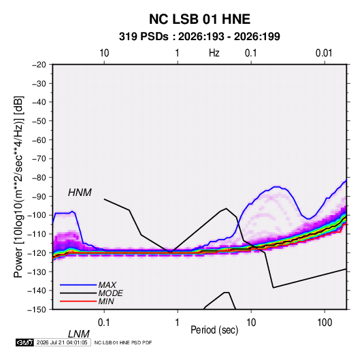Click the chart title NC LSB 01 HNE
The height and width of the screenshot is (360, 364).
[199, 19]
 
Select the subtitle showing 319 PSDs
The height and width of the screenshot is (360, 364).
[199, 37]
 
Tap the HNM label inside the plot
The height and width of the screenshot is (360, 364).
[80, 193]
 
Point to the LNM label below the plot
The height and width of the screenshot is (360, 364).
[79, 334]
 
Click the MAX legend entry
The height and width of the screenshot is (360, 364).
[107, 284]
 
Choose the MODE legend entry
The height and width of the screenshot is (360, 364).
[110, 293]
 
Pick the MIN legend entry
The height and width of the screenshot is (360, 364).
[106, 301]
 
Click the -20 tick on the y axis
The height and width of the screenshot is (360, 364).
[39, 65]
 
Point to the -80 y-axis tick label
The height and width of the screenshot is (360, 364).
[39, 178]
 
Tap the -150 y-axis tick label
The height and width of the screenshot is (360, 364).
[37, 310]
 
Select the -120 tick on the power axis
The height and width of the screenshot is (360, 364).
[37, 252]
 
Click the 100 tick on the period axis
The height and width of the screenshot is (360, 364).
[325, 322]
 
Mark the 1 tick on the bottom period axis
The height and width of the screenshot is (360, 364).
[178, 322]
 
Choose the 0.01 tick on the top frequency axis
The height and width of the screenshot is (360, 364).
[324, 53]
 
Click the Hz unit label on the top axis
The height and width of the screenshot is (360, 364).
[214, 53]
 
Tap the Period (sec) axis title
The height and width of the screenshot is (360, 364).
[214, 330]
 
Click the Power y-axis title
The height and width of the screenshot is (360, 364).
[18, 186]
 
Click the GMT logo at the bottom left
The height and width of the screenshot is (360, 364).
[24, 342]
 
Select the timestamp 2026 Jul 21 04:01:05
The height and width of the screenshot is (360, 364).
[62, 342]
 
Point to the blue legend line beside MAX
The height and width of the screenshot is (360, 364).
[78, 284]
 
